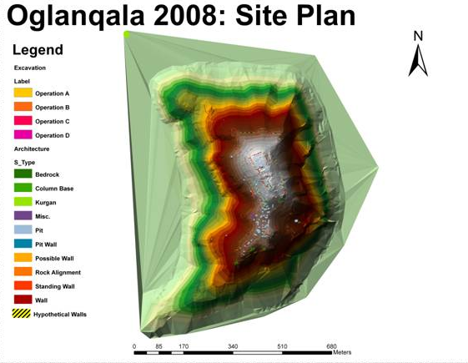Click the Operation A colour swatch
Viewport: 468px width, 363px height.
pos(23,93)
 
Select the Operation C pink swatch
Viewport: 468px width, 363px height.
pos(23,121)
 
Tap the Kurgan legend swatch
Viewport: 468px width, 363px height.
pos(23,202)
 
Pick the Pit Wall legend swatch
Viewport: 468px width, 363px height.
pos(23,244)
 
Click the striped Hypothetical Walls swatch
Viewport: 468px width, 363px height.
pos(22,314)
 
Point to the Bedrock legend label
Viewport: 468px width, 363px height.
pos(48,174)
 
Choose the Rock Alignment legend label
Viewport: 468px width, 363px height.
pos(58,273)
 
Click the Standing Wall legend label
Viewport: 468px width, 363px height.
pos(55,286)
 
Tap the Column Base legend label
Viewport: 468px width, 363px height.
pos(54,189)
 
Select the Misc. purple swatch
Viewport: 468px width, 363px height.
pos(23,215)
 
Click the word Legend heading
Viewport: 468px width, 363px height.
pos(38,50)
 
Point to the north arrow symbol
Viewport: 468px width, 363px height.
pos(418,61)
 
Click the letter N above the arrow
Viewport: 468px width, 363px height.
pos(419,36)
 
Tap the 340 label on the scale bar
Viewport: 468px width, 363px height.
pos(233,346)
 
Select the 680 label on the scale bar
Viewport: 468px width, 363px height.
pos(331,346)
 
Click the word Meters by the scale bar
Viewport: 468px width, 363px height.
pos(342,352)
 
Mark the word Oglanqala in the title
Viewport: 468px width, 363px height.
pos(76,17)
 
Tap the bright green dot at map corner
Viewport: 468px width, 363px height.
pos(127,34)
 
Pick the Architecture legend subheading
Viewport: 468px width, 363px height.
pos(32,149)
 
